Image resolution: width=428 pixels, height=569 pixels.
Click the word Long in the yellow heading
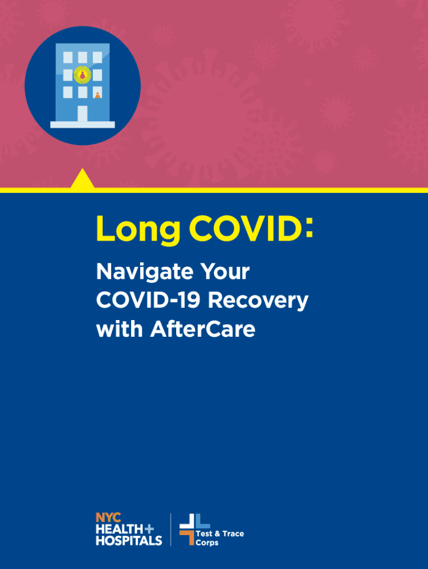[x=138, y=230]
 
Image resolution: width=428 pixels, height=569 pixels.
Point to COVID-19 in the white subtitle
[x=148, y=300]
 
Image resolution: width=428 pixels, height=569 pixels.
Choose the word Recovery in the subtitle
[x=258, y=302]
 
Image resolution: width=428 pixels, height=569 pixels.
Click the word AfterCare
[x=203, y=329]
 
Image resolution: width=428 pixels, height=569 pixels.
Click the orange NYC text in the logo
[x=108, y=517]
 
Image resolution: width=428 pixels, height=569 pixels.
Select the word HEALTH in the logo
[x=119, y=529]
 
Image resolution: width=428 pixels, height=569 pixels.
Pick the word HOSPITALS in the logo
[x=129, y=540]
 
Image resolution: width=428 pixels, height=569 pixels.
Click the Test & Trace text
[x=220, y=533]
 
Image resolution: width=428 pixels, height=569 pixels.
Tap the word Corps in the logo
[x=207, y=543]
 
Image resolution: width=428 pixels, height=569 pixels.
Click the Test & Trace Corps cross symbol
[x=195, y=529]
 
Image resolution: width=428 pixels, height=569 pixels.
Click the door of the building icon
[x=82, y=113]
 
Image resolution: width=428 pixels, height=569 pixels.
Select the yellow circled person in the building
[x=82, y=75]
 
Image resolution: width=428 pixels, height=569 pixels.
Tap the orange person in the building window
[x=97, y=95]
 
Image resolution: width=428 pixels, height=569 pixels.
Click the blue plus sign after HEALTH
[x=149, y=529]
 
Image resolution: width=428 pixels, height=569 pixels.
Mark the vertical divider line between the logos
[x=171, y=530]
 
